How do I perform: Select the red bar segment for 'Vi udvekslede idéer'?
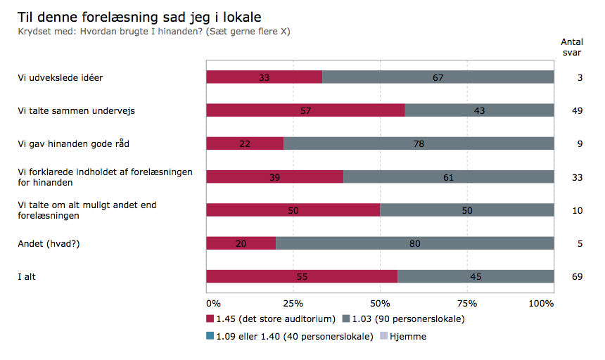pyautogui.click(x=264, y=77)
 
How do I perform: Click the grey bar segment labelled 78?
pyautogui.click(x=419, y=143)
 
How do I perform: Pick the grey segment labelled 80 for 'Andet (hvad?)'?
pyautogui.click(x=414, y=243)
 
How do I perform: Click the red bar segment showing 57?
pyautogui.click(x=305, y=110)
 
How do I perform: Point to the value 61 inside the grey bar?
pyautogui.click(x=448, y=177)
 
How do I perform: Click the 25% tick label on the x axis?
pyautogui.click(x=293, y=304)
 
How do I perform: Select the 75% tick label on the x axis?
pyautogui.click(x=466, y=304)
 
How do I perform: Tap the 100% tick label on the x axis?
pyautogui.click(x=541, y=304)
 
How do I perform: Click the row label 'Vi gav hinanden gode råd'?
pyautogui.click(x=73, y=143)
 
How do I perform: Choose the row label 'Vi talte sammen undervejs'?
pyautogui.click(x=76, y=110)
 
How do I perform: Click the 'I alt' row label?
pyautogui.click(x=27, y=276)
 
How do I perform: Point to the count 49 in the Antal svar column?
pyautogui.click(x=577, y=110)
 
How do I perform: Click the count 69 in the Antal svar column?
pyautogui.click(x=577, y=276)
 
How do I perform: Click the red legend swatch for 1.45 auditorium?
pyautogui.click(x=210, y=319)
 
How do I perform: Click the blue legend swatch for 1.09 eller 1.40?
pyautogui.click(x=210, y=336)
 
